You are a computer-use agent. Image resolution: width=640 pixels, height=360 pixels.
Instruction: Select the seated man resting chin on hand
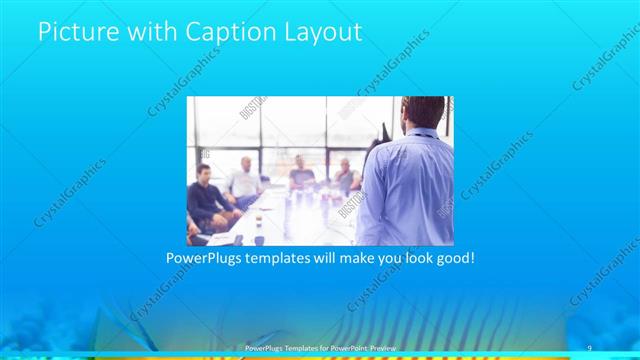click(x=345, y=177)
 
